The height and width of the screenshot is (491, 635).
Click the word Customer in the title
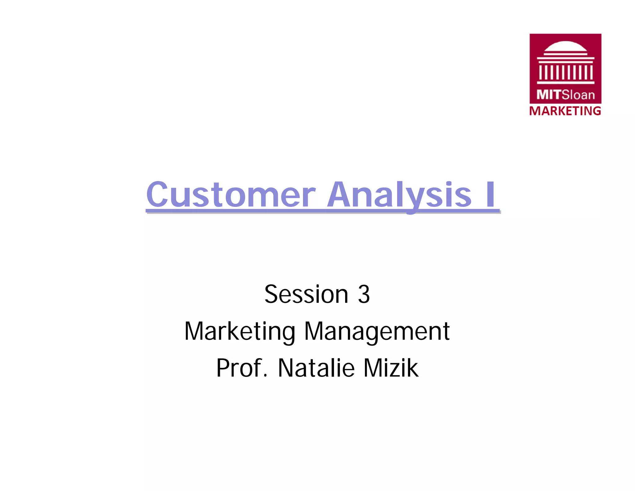click(231, 195)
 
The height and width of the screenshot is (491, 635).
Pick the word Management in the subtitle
click(377, 331)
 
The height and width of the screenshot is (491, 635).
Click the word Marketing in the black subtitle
click(240, 331)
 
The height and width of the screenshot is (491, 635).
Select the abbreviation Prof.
click(242, 368)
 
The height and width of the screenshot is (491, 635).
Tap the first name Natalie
click(316, 368)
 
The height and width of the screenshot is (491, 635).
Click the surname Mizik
click(391, 368)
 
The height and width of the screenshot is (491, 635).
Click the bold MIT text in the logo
click(548, 95)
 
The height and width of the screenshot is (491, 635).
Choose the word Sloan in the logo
click(578, 95)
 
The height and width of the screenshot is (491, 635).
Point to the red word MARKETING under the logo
click(565, 111)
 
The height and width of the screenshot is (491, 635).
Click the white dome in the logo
click(565, 47)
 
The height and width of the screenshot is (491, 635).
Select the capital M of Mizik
click(373, 368)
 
